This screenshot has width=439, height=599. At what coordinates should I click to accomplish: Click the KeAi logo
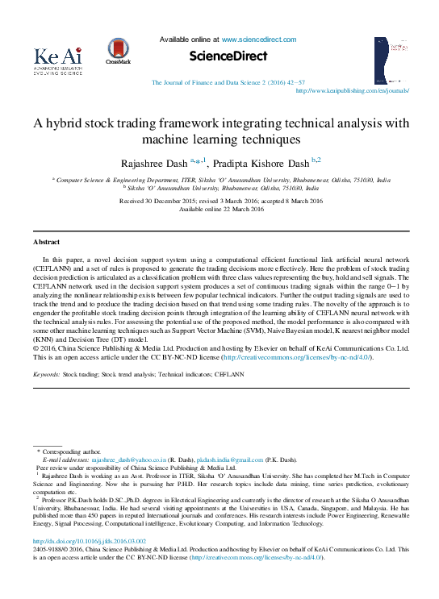pos(57,60)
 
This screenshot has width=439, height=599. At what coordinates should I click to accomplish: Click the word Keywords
pos(45,375)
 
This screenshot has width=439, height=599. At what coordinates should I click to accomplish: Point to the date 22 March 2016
pos(239,209)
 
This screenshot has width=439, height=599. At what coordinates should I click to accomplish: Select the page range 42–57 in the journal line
pos(294,83)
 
